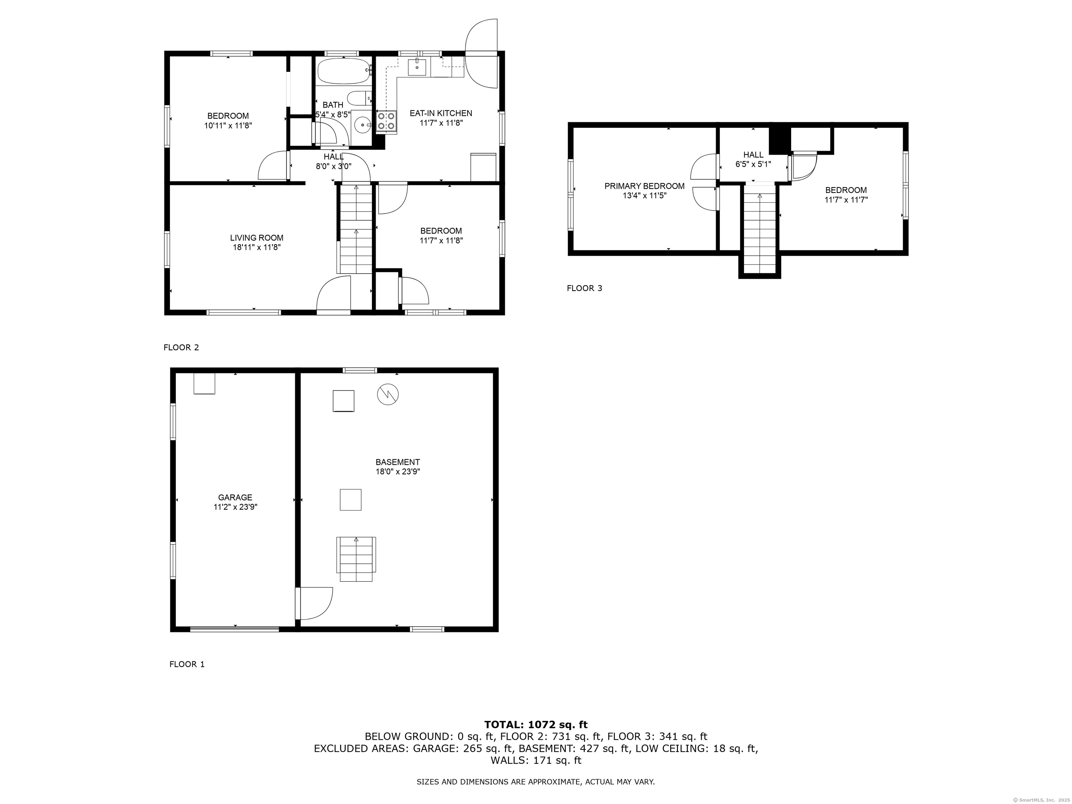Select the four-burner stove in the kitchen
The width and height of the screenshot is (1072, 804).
coord(386,122)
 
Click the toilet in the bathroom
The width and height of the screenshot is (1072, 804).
coord(359,98)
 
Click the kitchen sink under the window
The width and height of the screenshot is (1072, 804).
coord(417,67)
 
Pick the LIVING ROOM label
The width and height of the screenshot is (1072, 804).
coord(256,238)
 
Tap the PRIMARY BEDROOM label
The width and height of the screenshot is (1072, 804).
coord(644,186)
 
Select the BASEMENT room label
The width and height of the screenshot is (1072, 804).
coord(397,462)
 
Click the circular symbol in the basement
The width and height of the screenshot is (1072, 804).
coord(388,394)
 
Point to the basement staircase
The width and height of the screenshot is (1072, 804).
coord(356,559)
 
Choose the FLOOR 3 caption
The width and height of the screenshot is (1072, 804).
coord(585,288)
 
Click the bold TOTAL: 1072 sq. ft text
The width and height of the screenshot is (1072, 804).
coord(536,724)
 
